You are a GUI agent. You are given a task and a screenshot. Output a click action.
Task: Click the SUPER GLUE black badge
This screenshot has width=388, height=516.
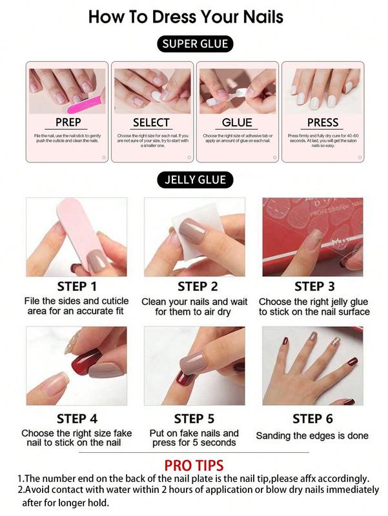195,45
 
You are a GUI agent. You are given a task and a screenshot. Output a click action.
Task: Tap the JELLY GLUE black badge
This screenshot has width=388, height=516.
195,180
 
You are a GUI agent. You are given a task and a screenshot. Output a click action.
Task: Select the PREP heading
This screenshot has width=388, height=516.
68,122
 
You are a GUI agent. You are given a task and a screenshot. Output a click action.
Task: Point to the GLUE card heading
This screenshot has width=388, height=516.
237,122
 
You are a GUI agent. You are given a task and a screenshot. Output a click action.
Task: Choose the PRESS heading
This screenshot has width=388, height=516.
322,122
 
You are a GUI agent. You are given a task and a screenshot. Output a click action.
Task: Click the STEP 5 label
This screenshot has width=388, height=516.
194,419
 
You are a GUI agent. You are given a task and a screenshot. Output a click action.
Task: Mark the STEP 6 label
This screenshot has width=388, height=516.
313,419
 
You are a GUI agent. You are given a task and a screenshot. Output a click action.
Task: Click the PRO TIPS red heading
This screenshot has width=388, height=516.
194,465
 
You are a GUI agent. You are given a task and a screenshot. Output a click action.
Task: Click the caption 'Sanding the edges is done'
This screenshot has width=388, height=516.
312,436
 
